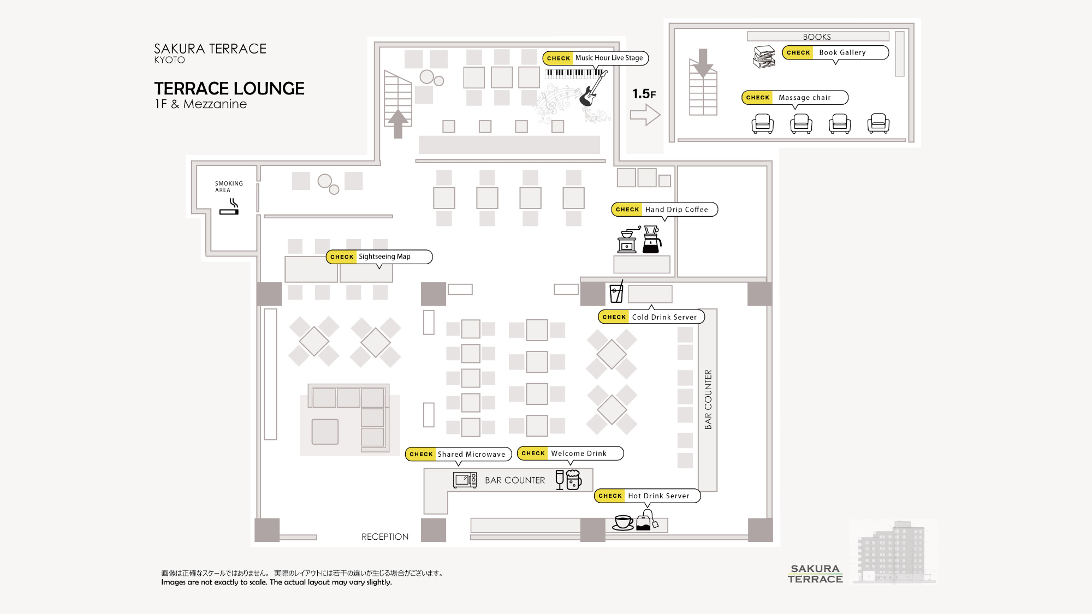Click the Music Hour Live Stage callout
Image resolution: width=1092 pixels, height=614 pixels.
point(595,58)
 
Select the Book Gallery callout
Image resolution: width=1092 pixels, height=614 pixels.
point(835,52)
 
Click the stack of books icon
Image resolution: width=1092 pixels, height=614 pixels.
point(764,57)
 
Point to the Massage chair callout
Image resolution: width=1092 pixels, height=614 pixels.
point(794,98)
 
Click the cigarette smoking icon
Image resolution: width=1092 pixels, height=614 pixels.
point(230,207)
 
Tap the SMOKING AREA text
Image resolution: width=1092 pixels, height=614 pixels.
point(229,187)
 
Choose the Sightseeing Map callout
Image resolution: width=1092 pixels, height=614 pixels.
point(379,257)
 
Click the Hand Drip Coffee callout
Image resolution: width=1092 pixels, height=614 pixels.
point(664,210)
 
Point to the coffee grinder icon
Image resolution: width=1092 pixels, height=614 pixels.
point(628,240)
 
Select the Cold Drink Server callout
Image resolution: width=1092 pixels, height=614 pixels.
point(651,317)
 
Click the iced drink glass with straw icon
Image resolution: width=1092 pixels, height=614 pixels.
point(616,292)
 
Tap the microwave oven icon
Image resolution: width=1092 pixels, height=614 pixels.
point(465,480)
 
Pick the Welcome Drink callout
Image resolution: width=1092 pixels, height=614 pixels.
point(570,454)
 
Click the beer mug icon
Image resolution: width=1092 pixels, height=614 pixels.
point(574,480)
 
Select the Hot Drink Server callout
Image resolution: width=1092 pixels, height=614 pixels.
point(647,496)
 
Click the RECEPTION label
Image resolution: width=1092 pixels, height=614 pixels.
point(385,537)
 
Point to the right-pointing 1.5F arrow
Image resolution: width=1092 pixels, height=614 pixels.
point(645,115)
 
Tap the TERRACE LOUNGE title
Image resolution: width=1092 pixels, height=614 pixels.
point(229,88)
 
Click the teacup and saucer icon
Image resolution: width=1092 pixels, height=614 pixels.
point(623,522)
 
